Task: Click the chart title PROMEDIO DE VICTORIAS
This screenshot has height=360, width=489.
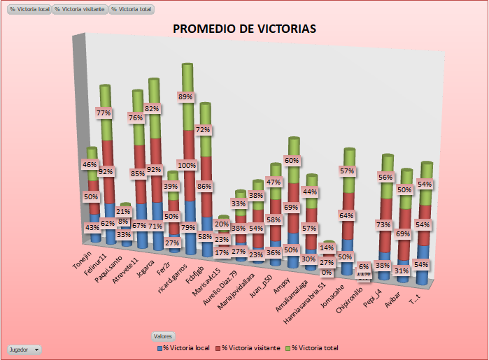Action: pos(244,29)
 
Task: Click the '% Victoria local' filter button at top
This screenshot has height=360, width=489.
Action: pos(29,9)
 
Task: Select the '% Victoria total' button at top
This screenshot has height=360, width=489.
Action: pos(132,9)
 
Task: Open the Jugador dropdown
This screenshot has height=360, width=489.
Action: pos(24,348)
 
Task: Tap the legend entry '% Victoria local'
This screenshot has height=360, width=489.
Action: pos(185,347)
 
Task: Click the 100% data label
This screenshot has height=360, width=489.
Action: pos(187,166)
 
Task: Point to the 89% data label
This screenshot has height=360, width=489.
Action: pos(186,96)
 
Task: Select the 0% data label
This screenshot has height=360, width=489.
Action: pos(327,272)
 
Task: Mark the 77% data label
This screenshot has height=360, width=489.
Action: pos(104,112)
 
